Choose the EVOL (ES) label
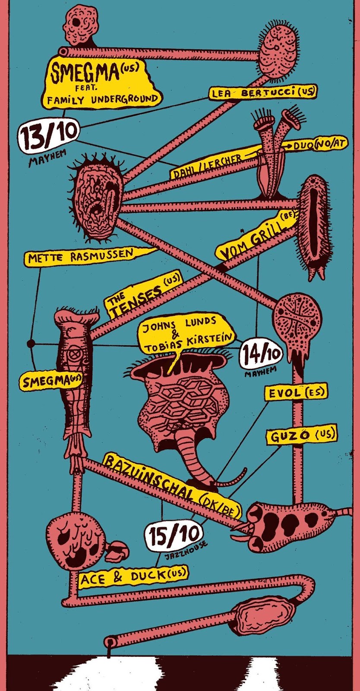click(x=296, y=393)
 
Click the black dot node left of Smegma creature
click(x=31, y=344)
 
